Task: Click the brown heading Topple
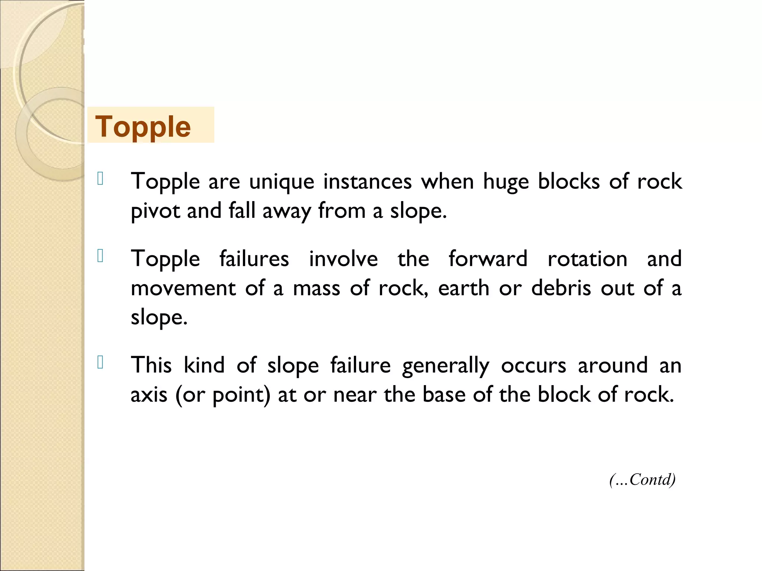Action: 143,127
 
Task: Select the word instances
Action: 367,181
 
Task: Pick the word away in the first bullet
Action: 286,211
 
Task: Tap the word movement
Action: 183,288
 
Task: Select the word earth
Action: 463,288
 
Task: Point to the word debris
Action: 561,288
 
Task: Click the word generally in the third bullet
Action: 445,366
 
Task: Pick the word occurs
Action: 533,366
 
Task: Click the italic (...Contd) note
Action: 642,480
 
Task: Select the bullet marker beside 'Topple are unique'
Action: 100,179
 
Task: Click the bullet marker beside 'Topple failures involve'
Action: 100,256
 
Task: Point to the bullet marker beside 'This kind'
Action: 100,362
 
